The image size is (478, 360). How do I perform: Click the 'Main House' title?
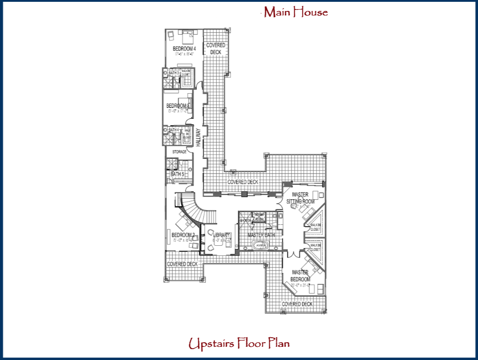(296, 12)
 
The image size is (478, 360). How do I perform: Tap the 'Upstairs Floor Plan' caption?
(239, 344)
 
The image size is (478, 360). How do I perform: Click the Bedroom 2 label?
(183, 235)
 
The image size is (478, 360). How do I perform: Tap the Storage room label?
(179, 152)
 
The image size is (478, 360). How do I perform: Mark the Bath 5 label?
(177, 174)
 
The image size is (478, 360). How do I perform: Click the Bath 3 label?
(173, 73)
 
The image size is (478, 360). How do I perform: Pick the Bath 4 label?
(173, 130)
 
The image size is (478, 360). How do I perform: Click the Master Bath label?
(261, 235)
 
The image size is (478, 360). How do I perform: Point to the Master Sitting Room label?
(300, 198)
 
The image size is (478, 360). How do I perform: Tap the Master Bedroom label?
(301, 276)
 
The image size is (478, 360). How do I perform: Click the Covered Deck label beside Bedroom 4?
(216, 49)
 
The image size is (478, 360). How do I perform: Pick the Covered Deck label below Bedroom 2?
(182, 264)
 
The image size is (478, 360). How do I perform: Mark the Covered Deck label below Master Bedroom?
(297, 304)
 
